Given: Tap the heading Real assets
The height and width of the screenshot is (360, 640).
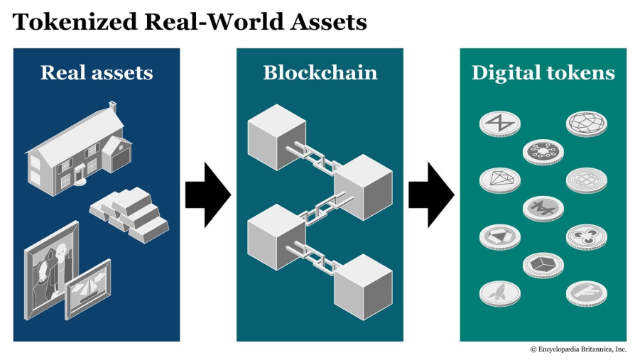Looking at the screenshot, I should [x=97, y=72].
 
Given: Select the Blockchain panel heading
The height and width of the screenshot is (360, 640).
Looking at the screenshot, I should [x=320, y=72].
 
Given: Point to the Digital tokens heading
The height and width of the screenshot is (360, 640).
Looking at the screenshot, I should [x=543, y=72].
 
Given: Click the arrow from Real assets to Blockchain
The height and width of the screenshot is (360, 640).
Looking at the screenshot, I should [x=207, y=194].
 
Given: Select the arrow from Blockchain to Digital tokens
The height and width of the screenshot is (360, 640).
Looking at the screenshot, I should [x=430, y=194].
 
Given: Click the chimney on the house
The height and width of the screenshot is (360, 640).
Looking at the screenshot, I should [x=112, y=108].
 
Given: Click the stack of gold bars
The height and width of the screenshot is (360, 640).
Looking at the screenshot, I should [x=129, y=214].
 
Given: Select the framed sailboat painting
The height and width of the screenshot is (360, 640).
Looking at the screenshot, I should [x=88, y=288].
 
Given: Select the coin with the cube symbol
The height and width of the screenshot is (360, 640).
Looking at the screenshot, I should [x=543, y=264].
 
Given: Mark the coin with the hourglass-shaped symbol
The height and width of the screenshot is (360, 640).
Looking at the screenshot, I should [x=499, y=122].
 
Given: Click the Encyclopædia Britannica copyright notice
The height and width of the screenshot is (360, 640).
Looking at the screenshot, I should [x=578, y=349].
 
